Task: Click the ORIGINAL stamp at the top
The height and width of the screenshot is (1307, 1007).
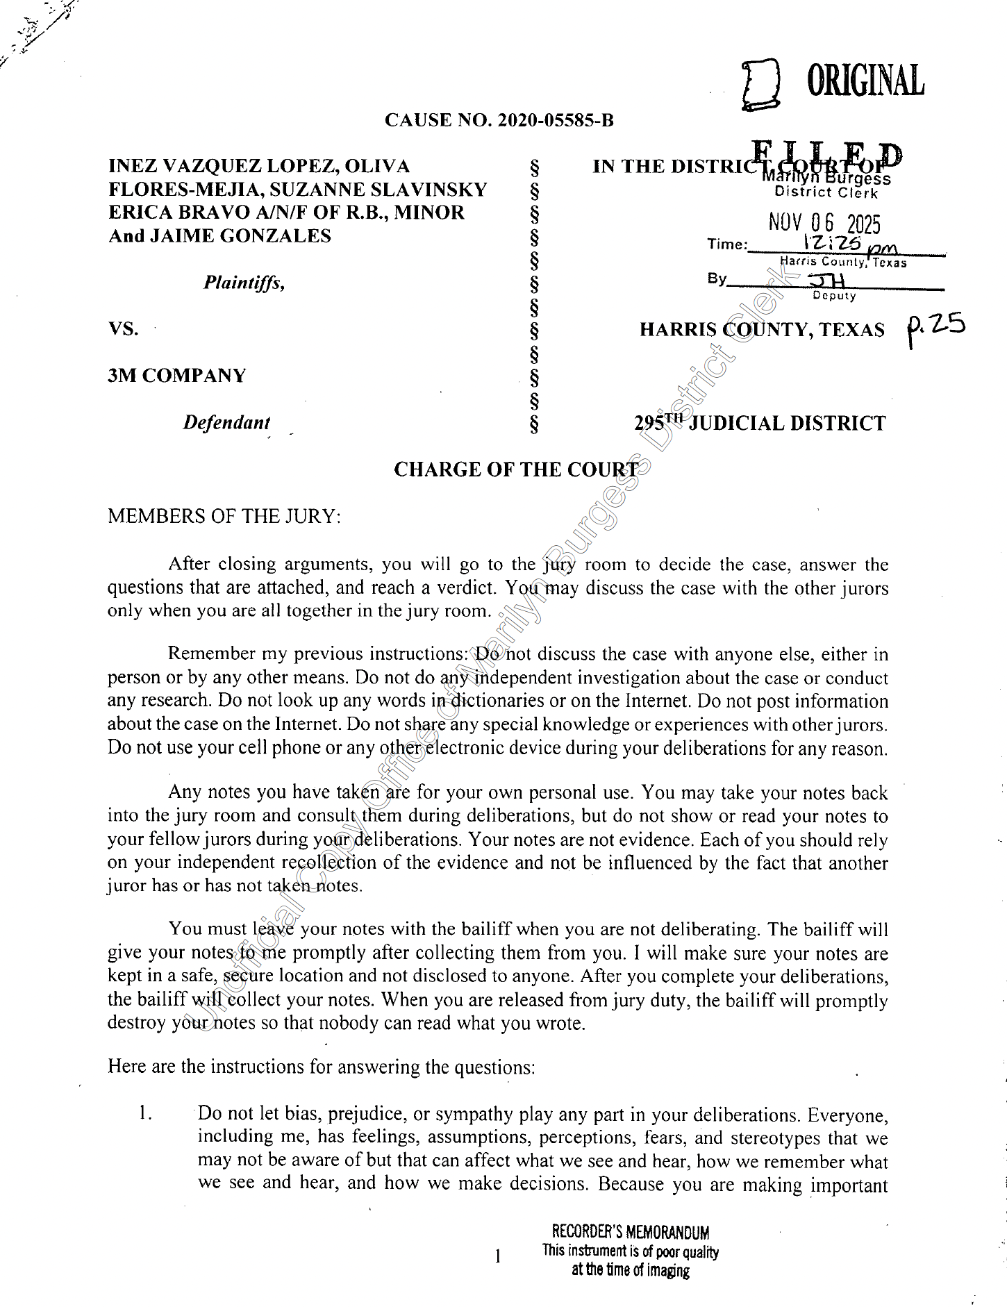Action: click(865, 81)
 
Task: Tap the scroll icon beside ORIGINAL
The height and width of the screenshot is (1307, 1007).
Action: click(760, 85)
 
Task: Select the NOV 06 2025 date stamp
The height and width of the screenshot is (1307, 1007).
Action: click(824, 223)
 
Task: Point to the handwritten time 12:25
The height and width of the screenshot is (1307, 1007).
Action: click(832, 243)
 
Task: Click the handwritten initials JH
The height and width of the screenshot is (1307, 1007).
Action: click(827, 280)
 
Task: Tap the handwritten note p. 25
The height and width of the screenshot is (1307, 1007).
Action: click(935, 327)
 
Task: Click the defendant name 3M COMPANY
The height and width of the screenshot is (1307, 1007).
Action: click(176, 376)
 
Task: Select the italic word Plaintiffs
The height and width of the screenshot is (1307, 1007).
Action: click(244, 283)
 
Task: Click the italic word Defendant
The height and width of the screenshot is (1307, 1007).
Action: click(226, 422)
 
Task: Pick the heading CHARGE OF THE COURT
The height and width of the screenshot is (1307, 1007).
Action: click(516, 469)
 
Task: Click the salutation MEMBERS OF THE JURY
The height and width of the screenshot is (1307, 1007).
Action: click(224, 516)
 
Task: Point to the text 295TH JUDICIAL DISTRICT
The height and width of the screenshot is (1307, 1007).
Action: click(760, 422)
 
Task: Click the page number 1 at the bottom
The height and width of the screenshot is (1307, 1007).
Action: click(497, 1255)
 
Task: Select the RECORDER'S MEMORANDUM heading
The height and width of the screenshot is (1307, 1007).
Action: click(631, 1232)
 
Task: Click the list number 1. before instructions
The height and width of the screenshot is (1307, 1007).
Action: click(144, 1113)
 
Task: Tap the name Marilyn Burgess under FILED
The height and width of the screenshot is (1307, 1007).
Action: click(826, 178)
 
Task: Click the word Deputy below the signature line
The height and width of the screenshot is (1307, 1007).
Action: click(834, 296)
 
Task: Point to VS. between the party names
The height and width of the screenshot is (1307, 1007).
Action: click(123, 328)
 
